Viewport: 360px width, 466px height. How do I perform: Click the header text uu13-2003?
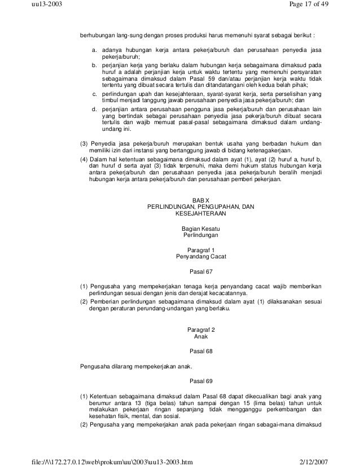point(42,5)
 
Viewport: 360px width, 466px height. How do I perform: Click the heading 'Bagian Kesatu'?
point(200,228)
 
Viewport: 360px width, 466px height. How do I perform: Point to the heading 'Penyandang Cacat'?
point(200,256)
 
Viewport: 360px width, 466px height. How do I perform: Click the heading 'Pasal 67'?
point(200,270)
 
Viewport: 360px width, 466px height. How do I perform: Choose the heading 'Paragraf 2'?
point(200,329)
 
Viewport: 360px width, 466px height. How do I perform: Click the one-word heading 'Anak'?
point(200,337)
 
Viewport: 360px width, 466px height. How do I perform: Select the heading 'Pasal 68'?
point(200,350)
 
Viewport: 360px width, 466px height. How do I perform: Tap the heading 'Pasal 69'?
point(200,380)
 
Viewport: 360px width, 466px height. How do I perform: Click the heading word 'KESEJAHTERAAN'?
point(200,214)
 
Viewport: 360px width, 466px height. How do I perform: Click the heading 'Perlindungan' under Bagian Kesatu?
point(200,235)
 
